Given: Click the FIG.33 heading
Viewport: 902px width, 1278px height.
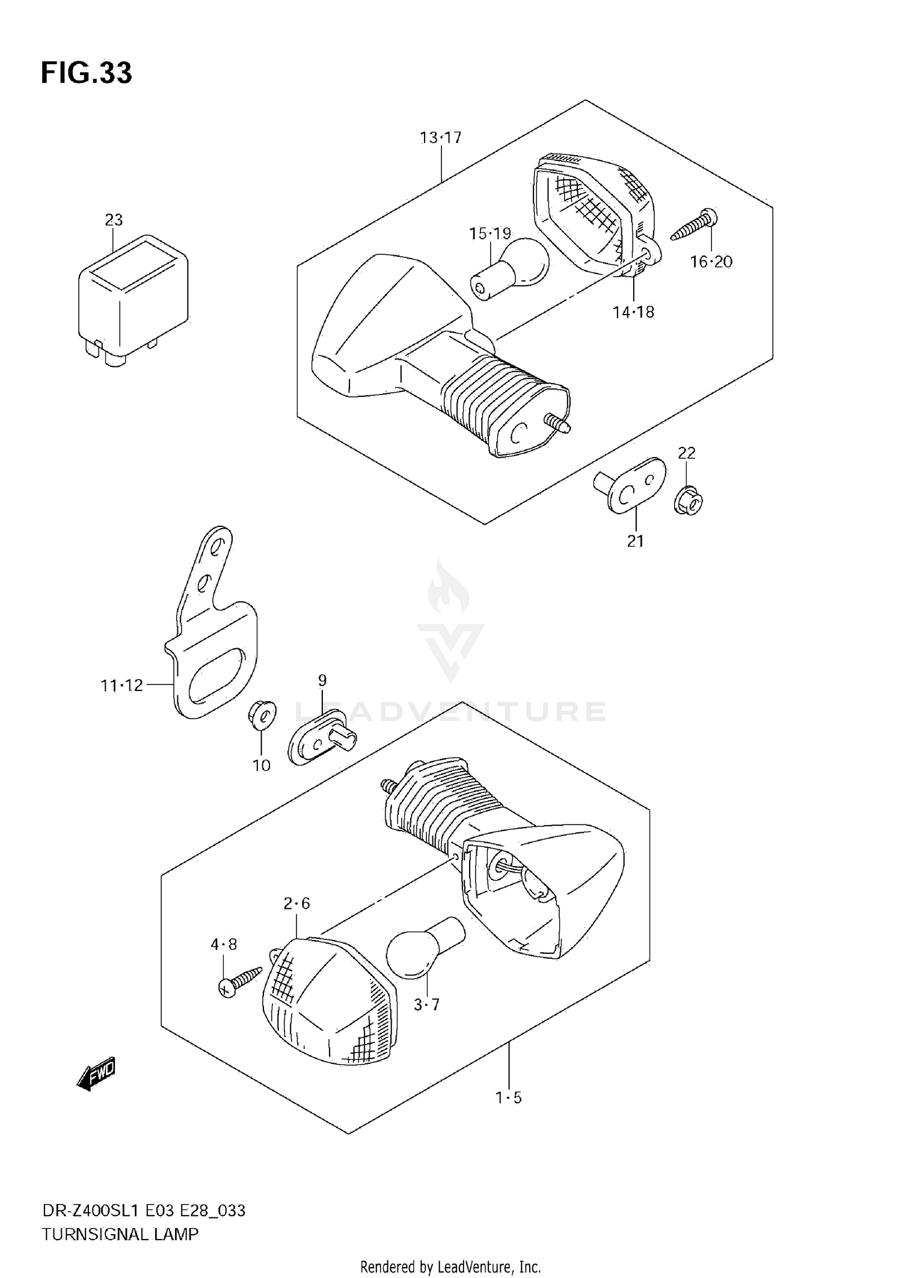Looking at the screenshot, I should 86,73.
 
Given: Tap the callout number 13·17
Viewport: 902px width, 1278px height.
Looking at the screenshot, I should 440,138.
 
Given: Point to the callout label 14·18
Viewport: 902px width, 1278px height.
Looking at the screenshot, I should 633,312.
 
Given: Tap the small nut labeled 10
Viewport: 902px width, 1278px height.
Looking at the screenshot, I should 262,714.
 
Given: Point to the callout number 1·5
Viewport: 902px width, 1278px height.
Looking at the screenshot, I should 509,1098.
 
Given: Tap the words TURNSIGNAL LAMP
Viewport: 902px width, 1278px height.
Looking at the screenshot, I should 120,1234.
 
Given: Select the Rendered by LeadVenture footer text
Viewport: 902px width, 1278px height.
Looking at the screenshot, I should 450,1267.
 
